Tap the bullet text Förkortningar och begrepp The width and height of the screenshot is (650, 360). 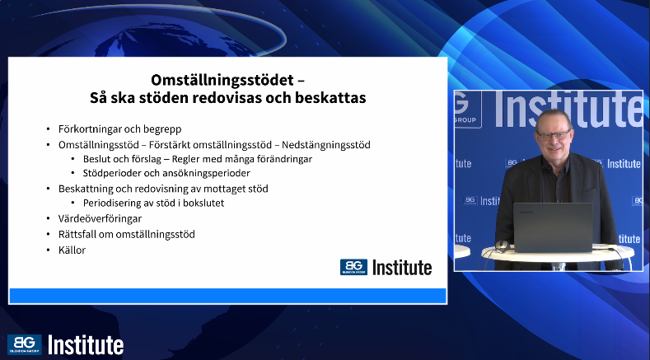pos(119,129)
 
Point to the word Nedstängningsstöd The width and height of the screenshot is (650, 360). pos(326,145)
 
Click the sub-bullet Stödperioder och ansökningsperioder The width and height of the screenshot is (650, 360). pos(166,173)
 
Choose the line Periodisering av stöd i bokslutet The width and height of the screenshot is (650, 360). pos(153,203)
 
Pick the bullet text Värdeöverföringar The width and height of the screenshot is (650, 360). pos(100,218)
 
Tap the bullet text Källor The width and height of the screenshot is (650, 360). pos(72,250)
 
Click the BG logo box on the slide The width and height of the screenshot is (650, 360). pos(353,267)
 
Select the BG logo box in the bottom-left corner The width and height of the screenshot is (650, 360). pos(25,344)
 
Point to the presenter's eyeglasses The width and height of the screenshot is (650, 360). pos(554,135)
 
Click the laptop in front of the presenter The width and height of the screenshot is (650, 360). pos(553,227)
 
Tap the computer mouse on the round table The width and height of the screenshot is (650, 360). pos(503,245)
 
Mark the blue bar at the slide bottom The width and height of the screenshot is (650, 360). pos(227,296)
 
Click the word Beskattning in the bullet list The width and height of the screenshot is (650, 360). pos(86,189)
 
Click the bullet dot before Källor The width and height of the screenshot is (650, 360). pos(49,250)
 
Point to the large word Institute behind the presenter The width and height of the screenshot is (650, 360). pos(568,109)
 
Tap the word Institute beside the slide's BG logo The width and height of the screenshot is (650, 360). pos(402,268)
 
